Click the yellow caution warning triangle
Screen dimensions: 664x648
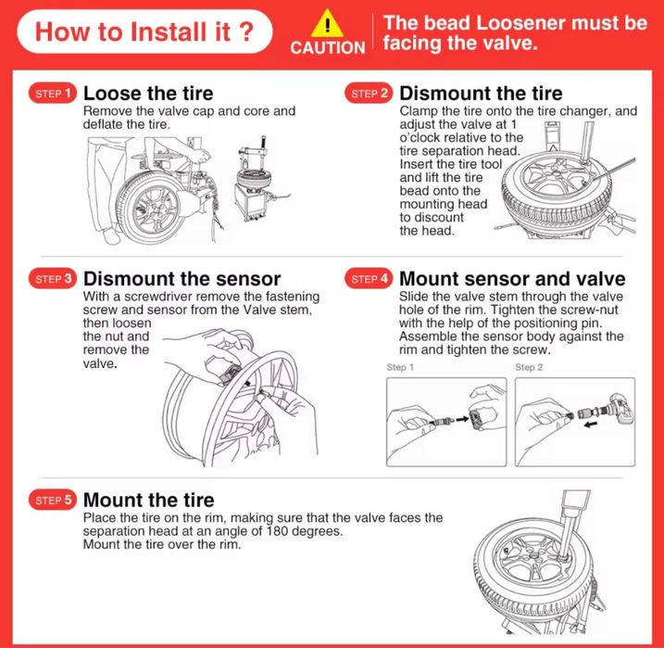(x=327, y=24)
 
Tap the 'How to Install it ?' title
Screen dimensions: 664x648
(x=144, y=32)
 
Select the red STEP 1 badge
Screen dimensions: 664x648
(x=53, y=94)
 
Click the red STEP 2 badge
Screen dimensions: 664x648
(x=369, y=94)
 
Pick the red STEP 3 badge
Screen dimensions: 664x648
(x=53, y=279)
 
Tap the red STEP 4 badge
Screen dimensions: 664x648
(x=369, y=279)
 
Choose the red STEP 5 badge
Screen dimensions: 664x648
(x=53, y=500)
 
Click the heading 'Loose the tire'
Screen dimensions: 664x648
(x=148, y=94)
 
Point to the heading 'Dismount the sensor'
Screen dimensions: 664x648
(x=182, y=279)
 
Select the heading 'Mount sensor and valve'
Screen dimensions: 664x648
(x=512, y=279)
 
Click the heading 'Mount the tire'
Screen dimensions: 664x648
(x=149, y=500)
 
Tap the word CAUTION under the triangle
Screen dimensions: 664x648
(x=327, y=47)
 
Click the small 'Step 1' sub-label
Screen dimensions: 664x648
(x=400, y=367)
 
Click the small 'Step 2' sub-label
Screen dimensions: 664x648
(x=529, y=367)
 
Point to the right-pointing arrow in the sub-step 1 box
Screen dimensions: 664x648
(x=462, y=419)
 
